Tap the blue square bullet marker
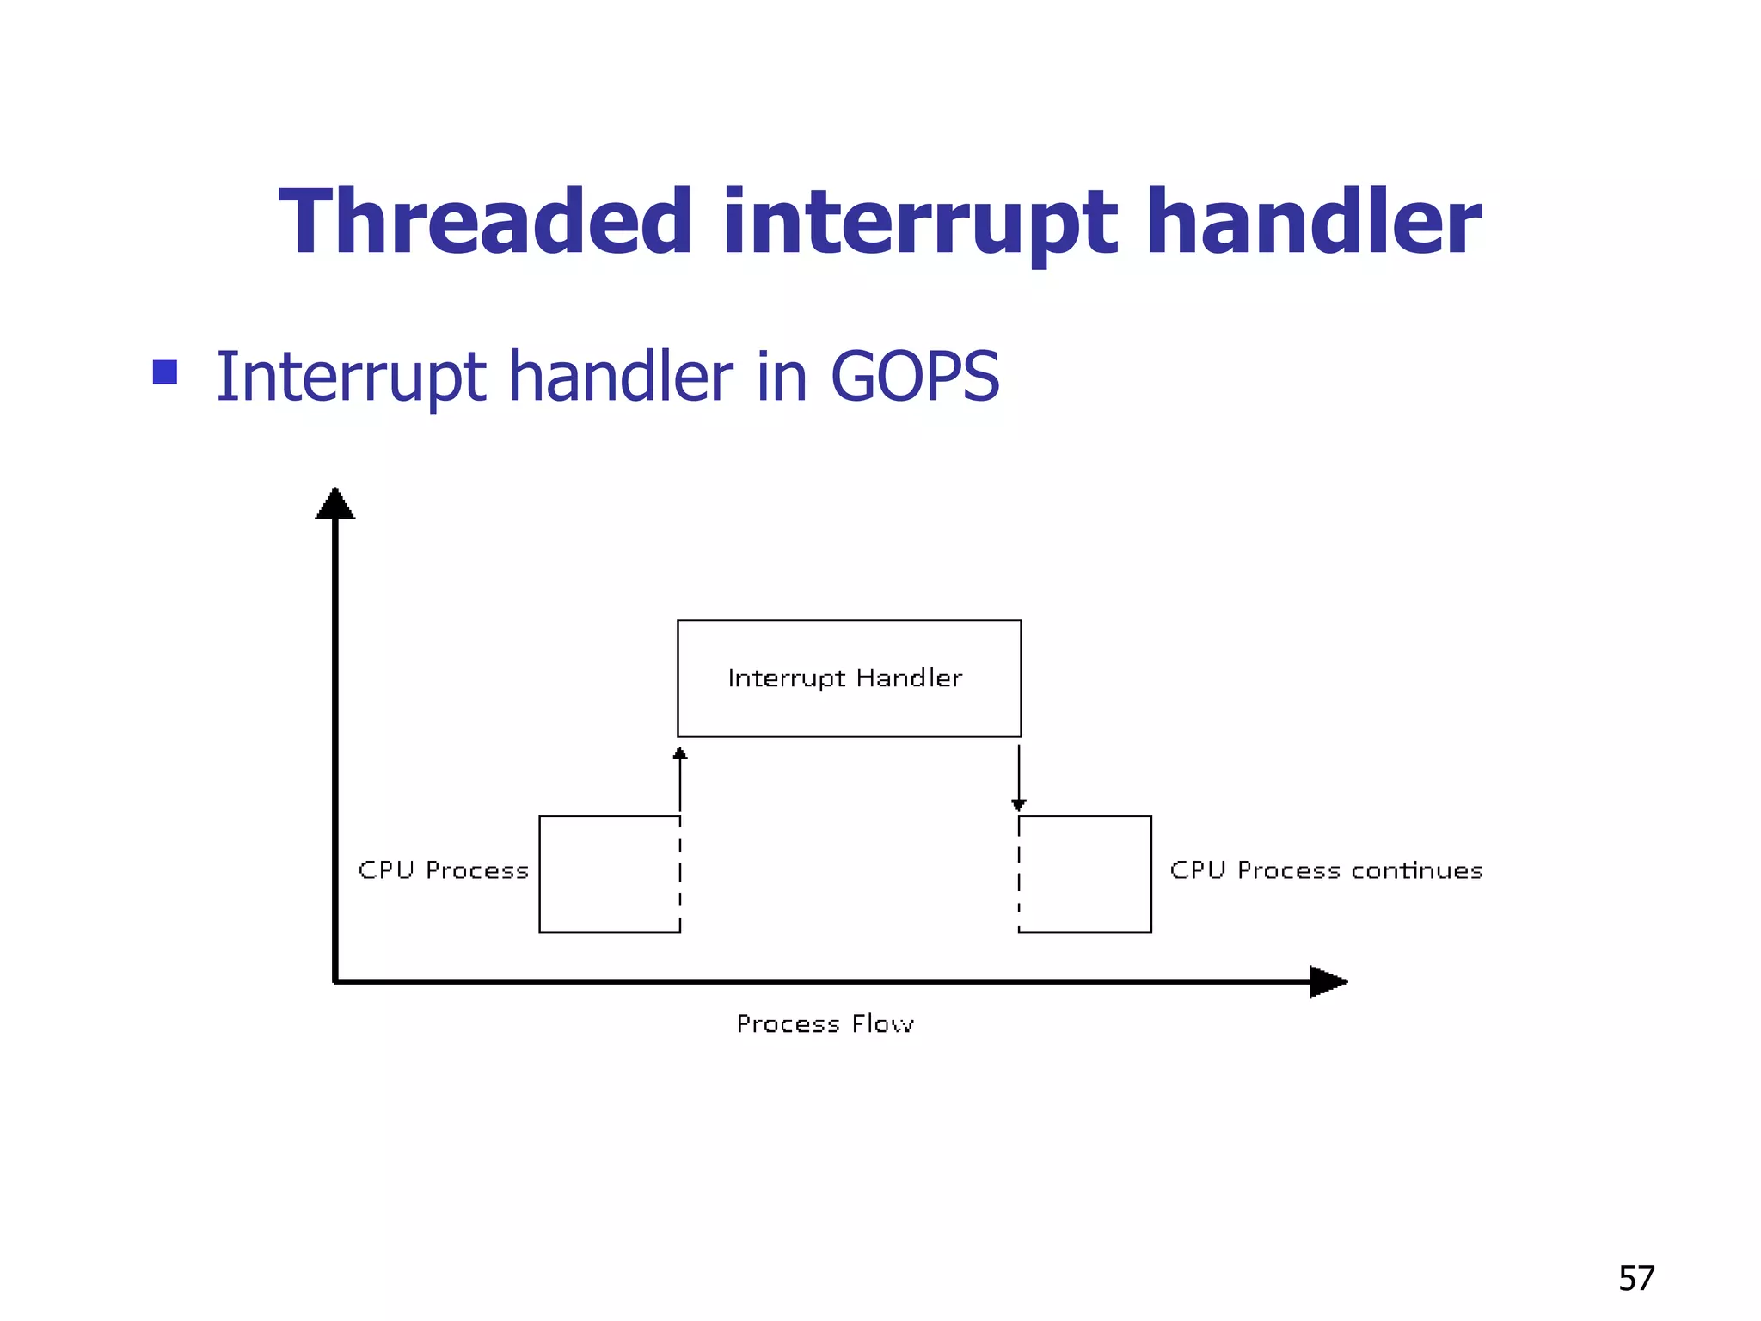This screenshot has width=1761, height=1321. pyautogui.click(x=164, y=372)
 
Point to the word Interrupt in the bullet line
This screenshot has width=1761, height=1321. pyautogui.click(x=353, y=378)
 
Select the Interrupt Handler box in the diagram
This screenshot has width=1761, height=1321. pyautogui.click(x=849, y=679)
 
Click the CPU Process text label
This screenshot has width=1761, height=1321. pyautogui.click(x=443, y=870)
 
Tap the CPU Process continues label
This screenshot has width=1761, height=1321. pyautogui.click(x=1326, y=870)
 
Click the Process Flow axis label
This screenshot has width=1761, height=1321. pyautogui.click(x=825, y=1023)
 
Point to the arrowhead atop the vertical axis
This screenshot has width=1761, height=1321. pyautogui.click(x=335, y=504)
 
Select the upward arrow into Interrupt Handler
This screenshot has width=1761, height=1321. pyautogui.click(x=680, y=778)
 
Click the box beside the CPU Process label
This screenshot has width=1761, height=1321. pyautogui.click(x=610, y=874)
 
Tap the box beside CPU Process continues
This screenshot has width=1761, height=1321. pyautogui.click(x=1085, y=874)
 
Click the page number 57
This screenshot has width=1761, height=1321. pyautogui.click(x=1636, y=1279)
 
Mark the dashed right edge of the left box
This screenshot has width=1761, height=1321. pyautogui.click(x=680, y=874)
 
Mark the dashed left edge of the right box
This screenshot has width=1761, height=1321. pyautogui.click(x=1019, y=874)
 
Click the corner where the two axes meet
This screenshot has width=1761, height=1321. pyautogui.click(x=335, y=981)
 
